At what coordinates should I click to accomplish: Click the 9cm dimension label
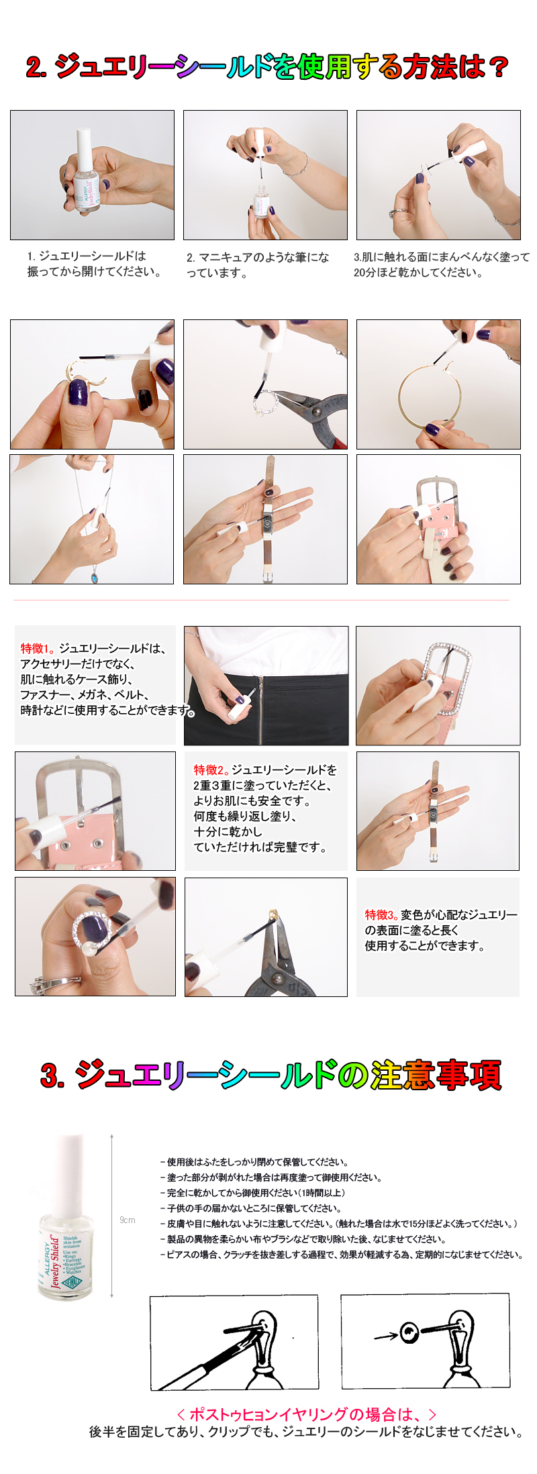point(128,1220)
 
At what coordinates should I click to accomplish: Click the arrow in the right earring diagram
point(385,1336)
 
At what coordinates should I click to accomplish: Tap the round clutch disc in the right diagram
point(409,1332)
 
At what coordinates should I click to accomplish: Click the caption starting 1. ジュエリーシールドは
point(94,264)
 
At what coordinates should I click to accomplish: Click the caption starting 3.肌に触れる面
point(441,264)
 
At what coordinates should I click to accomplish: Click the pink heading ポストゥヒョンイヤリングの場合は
point(306,1414)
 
